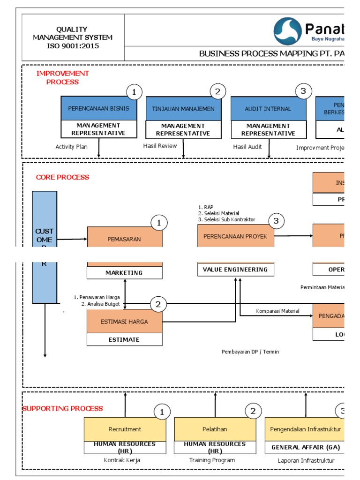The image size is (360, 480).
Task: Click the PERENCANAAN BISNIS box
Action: click(x=99, y=108)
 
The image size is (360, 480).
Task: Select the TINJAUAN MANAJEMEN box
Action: click(x=183, y=109)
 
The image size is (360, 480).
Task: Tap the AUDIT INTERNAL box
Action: click(x=268, y=109)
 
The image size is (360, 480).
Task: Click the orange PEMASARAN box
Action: click(x=125, y=239)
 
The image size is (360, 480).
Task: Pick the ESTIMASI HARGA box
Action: click(x=125, y=322)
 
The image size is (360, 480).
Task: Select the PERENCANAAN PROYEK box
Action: click(x=235, y=236)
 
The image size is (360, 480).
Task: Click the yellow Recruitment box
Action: click(x=125, y=429)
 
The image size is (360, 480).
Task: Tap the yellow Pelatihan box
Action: click(x=215, y=429)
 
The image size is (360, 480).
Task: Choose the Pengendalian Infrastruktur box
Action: click(x=305, y=429)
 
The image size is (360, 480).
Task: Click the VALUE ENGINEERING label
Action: click(x=235, y=270)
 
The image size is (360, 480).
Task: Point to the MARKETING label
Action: click(x=124, y=273)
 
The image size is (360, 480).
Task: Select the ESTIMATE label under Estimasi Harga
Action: click(x=124, y=339)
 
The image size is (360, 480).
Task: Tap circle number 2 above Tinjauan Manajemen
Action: click(x=217, y=91)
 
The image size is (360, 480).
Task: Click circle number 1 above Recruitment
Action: click(x=162, y=412)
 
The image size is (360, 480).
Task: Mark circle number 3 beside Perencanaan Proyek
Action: click(x=276, y=221)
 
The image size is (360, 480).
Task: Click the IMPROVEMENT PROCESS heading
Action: click(x=63, y=77)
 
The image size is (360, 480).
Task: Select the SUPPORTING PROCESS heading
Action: click(x=63, y=409)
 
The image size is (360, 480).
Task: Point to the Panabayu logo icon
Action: click(x=287, y=31)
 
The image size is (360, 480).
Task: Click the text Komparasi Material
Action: click(x=277, y=311)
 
